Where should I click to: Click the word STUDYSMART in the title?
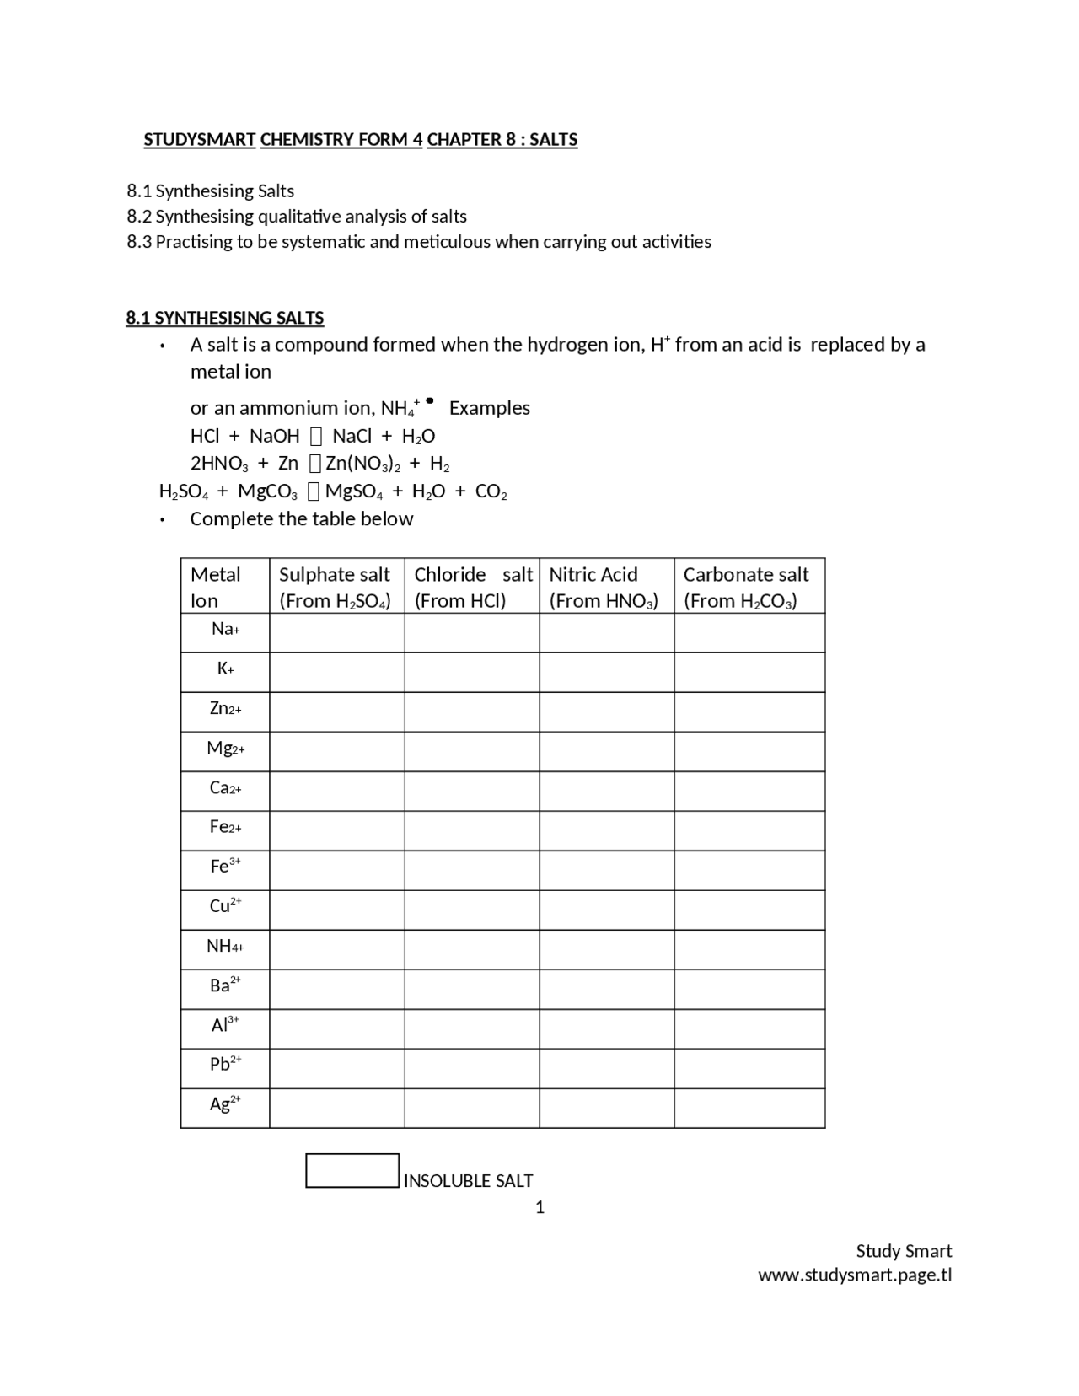200,140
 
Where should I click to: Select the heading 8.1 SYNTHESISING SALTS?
225,318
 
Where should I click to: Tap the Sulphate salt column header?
335,586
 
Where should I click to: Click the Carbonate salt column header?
746,586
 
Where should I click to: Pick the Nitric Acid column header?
604,586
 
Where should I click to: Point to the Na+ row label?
225,629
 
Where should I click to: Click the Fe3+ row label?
225,866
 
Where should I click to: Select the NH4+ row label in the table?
225,946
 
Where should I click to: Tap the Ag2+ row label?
225,1103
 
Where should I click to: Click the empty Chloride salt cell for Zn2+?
472,712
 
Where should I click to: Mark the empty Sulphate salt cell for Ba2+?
337,989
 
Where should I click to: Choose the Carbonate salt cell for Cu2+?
749,910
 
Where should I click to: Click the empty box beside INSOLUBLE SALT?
352,1171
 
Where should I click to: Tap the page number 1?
539,1207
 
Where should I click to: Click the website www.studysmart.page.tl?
855,1275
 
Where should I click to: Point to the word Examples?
490,408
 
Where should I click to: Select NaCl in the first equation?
352,436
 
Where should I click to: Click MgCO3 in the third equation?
268,491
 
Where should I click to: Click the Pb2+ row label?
225,1064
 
